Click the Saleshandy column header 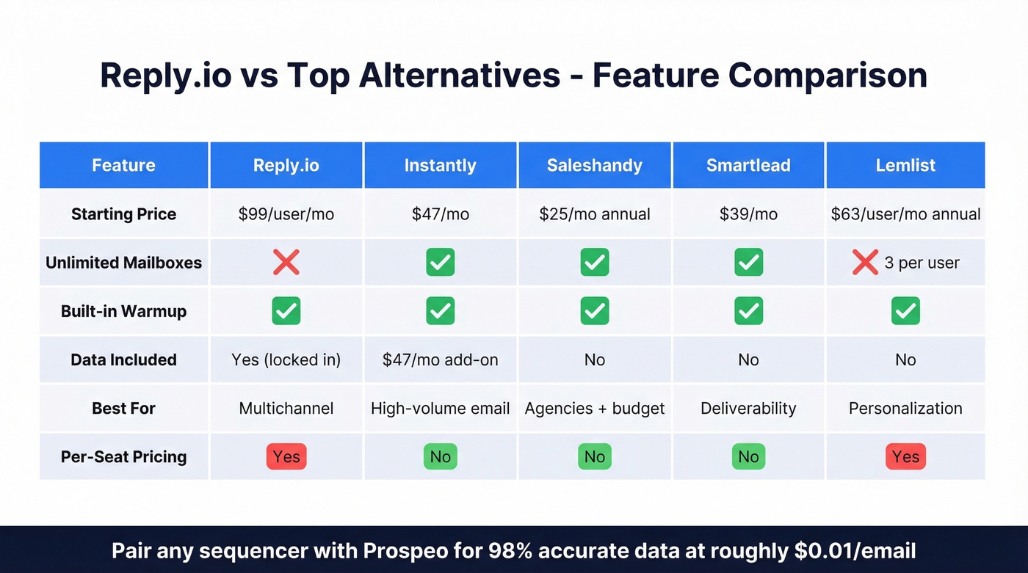(594, 165)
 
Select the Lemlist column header (905, 165)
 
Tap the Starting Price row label (123, 214)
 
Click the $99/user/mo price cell (286, 214)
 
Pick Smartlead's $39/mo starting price (748, 214)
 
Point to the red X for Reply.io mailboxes (286, 262)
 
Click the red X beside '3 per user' (865, 262)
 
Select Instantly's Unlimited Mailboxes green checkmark (440, 262)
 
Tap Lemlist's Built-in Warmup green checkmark (905, 311)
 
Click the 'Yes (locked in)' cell (286, 360)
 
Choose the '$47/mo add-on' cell (440, 360)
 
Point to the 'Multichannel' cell (286, 408)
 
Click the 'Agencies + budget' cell (594, 408)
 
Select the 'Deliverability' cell (748, 408)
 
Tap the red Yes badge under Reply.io (286, 456)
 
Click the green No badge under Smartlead (748, 456)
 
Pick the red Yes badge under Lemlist (905, 456)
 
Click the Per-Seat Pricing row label (123, 456)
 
